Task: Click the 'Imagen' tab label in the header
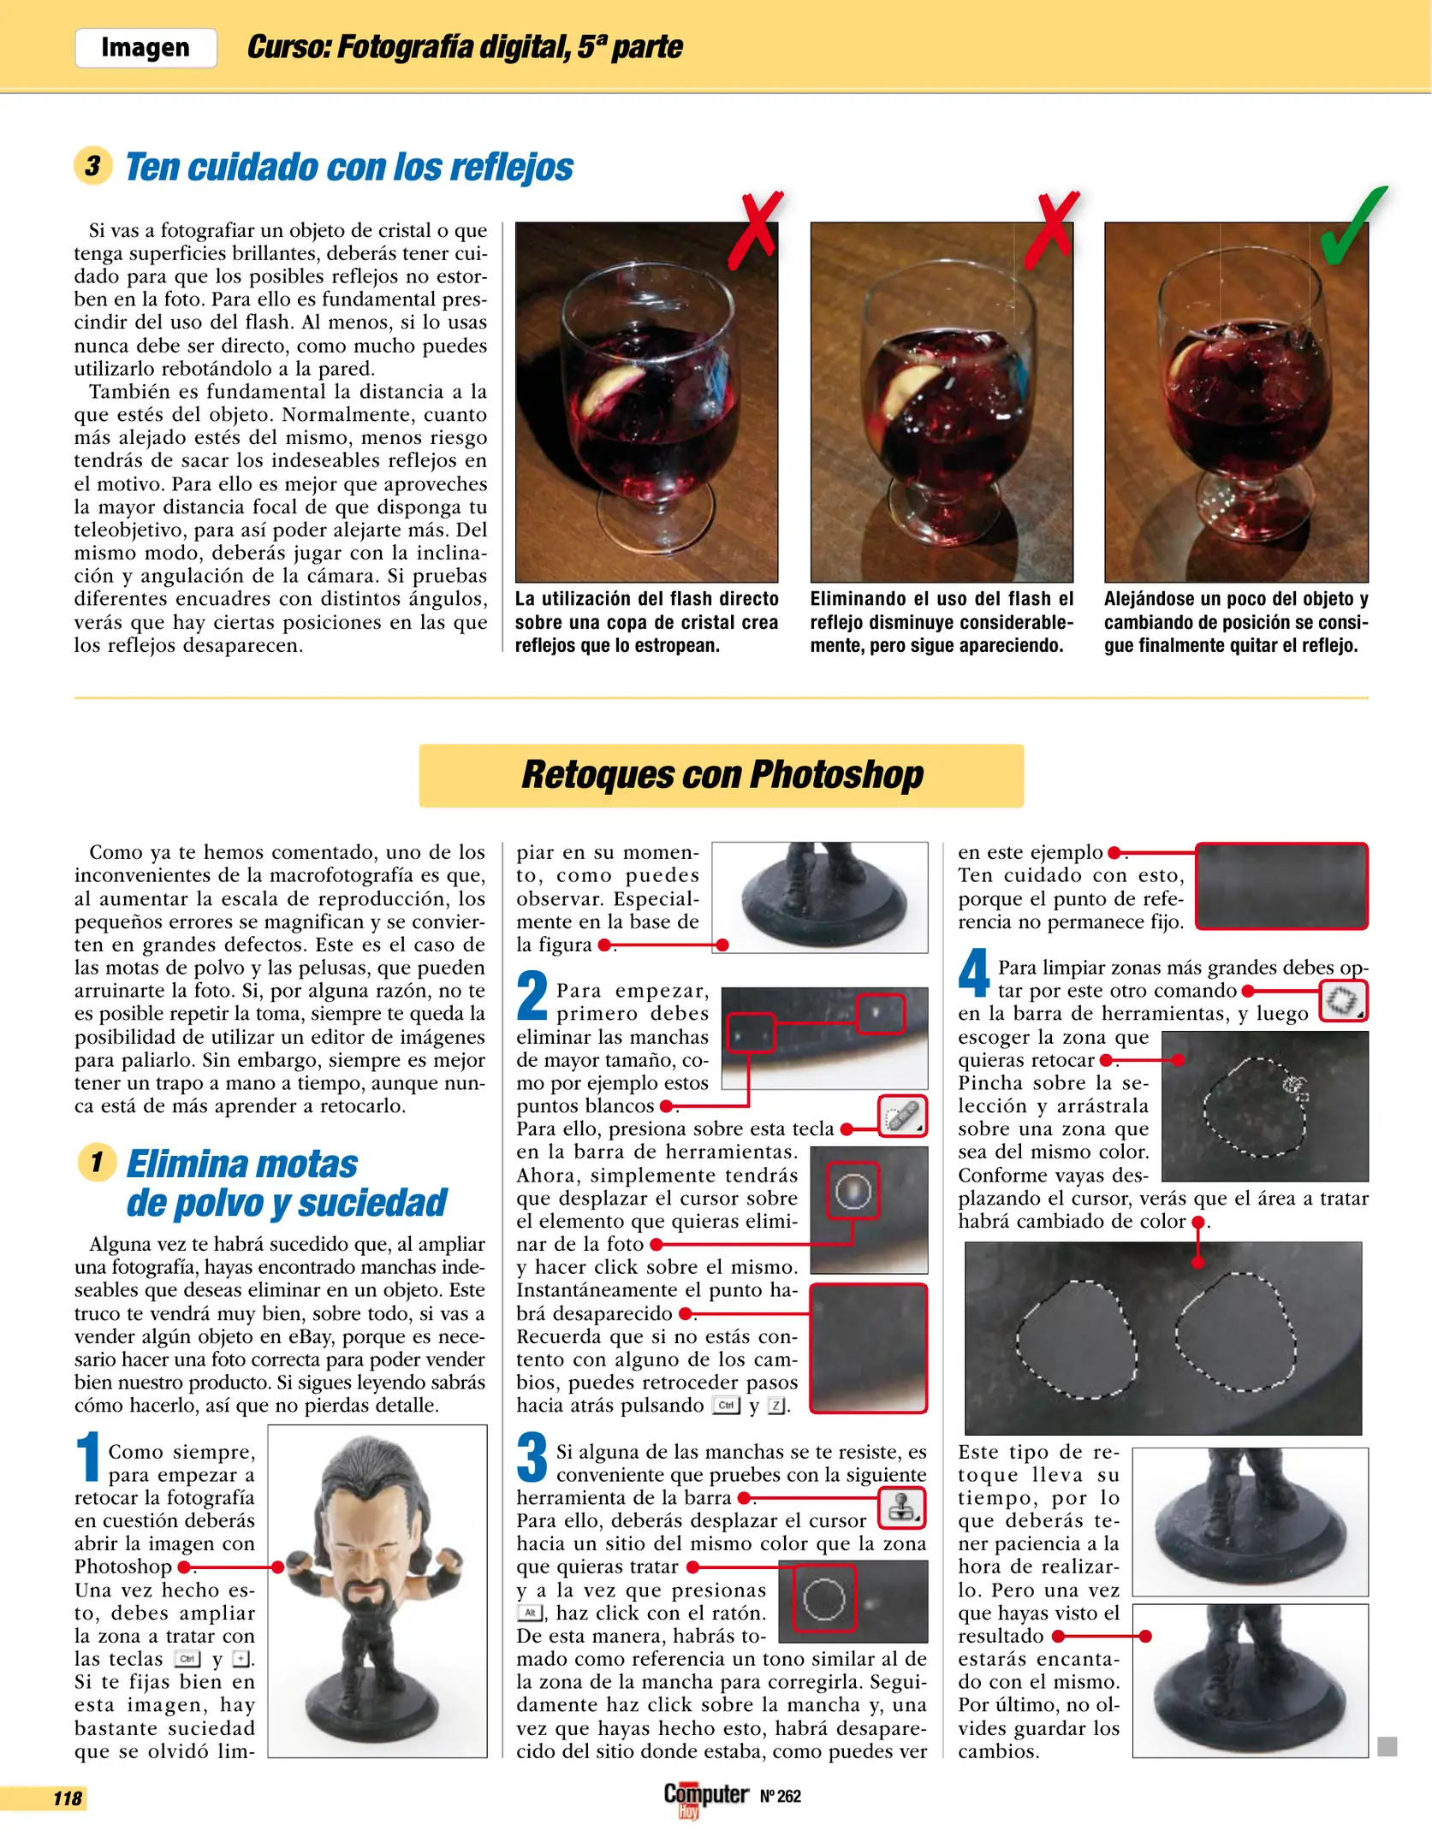click(x=145, y=48)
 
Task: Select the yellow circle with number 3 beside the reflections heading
click(x=93, y=165)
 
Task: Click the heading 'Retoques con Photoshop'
click(x=722, y=775)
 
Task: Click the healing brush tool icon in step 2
click(x=902, y=1116)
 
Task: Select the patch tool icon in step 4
click(x=1342, y=1001)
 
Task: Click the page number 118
click(x=68, y=1798)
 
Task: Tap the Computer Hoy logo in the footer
click(x=705, y=1798)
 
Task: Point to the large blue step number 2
click(x=532, y=997)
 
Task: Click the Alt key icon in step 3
click(x=530, y=1613)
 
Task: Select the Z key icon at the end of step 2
click(x=775, y=1406)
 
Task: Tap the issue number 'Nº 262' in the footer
click(x=780, y=1796)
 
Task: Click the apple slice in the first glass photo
click(x=620, y=387)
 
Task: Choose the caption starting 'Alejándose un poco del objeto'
click(x=1235, y=622)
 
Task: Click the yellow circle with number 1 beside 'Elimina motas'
click(x=97, y=1163)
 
